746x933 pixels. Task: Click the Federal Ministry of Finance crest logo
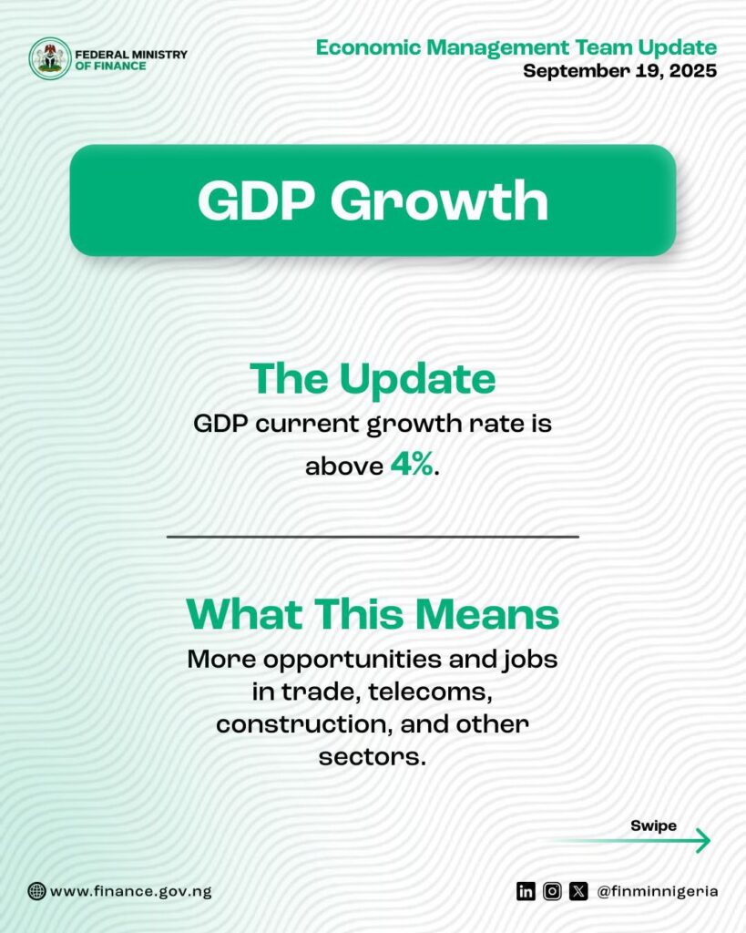coord(50,58)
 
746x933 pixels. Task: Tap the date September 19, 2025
coord(620,71)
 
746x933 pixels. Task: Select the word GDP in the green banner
coord(256,200)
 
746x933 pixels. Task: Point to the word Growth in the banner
coord(439,200)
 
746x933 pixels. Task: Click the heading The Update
coord(373,379)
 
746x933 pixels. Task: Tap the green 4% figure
coord(412,464)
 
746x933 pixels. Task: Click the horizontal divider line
coord(373,537)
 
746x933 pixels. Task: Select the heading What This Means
coord(373,613)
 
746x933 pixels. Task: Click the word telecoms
coord(431,692)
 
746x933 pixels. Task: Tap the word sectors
coord(373,757)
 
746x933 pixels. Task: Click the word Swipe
coord(653,825)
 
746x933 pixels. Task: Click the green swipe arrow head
coord(704,840)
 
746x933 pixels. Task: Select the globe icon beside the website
coord(36,891)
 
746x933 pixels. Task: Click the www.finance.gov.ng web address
coord(131,891)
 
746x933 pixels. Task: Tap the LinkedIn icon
coord(526,891)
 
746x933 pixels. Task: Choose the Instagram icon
coord(552,891)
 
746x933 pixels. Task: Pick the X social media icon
coord(578,891)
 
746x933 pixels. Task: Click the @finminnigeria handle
coord(657,891)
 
